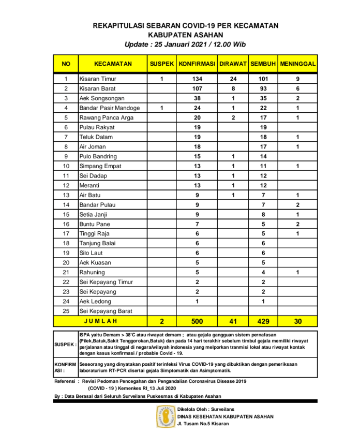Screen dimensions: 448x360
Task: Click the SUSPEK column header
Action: coord(162,64)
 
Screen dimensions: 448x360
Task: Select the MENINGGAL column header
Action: coord(298,64)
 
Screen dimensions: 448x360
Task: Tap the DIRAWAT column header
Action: coord(233,64)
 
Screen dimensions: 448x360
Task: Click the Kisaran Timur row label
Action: coord(98,79)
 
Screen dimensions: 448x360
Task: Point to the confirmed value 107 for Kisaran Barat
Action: coord(197,89)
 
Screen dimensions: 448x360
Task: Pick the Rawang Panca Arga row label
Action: coord(107,118)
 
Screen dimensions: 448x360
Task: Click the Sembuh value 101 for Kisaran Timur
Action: coord(264,79)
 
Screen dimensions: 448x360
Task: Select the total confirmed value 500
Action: coord(197,321)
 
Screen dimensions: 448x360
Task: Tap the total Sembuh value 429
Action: coord(264,321)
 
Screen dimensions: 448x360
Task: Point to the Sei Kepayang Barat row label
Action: coord(107,311)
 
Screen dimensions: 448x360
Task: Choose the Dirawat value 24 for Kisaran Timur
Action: coord(233,79)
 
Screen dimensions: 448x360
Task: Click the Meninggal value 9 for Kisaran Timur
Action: coord(298,79)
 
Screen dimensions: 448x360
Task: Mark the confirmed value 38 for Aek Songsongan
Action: coord(197,98)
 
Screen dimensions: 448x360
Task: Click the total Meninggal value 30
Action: coord(298,321)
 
